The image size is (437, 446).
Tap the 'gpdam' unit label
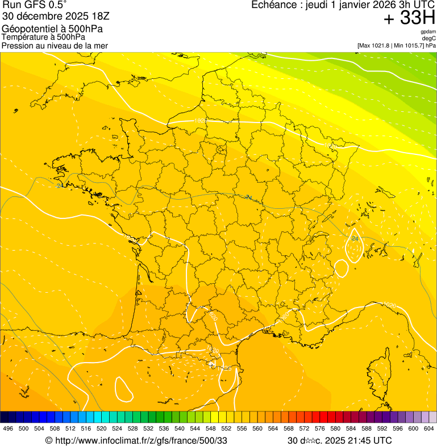tap(428, 32)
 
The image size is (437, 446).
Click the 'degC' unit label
tap(429, 39)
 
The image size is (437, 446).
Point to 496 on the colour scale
tap(8, 428)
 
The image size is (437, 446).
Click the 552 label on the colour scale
tap(226, 428)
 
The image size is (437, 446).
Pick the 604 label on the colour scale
tap(429, 428)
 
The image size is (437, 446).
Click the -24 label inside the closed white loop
tap(355, 239)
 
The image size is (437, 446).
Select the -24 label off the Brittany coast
tap(59, 186)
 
